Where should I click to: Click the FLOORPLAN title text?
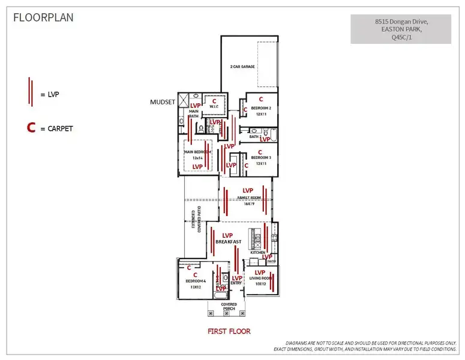[x=44, y=17]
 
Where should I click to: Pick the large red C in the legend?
[x=30, y=128]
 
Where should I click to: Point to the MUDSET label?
[x=162, y=102]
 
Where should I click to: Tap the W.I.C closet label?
[x=214, y=107]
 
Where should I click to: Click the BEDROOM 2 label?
[x=261, y=108]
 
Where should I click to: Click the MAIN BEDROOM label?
[x=198, y=152]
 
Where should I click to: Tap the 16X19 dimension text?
[x=250, y=203]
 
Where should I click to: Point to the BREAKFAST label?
[x=229, y=242]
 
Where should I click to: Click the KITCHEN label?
[x=258, y=253]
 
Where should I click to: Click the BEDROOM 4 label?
[x=196, y=281]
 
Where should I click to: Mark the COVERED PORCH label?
[x=229, y=307]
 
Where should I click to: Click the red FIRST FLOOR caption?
[x=229, y=331]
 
